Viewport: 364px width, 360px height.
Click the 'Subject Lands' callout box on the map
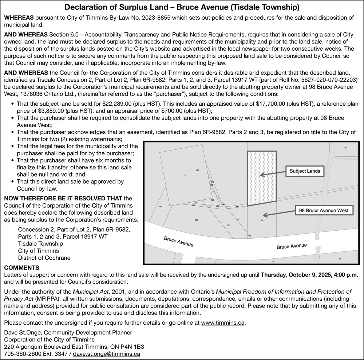305,171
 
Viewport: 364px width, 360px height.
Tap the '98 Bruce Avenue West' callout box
324,211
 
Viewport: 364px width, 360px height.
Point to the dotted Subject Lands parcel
262,178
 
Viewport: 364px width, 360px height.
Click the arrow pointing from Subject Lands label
273,173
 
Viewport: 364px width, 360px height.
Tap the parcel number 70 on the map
345,148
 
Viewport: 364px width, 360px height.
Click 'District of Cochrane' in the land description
44,258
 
